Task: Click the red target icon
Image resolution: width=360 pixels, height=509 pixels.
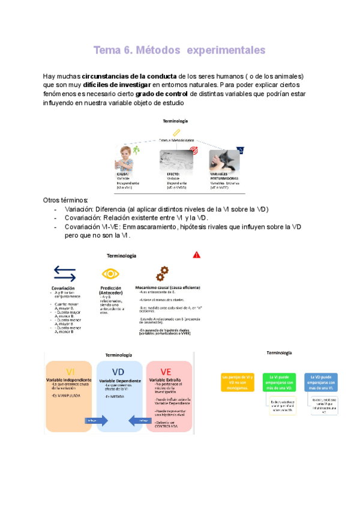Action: (193, 153)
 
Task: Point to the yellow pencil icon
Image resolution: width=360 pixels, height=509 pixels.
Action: (176, 131)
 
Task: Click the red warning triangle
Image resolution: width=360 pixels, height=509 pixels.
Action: (197, 254)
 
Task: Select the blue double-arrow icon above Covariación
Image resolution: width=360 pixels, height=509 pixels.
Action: (64, 274)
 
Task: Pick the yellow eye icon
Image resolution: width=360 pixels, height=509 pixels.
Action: (110, 274)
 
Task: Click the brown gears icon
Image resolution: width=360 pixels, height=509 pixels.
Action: (161, 274)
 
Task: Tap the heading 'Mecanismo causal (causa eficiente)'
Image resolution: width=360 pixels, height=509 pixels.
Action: (167, 287)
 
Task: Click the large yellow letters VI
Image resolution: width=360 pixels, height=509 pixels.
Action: (71, 371)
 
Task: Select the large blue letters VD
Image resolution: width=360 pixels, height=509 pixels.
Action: (119, 371)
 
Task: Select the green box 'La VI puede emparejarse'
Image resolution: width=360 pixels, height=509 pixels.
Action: (280, 382)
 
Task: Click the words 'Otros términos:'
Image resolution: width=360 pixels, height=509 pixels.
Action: (66, 199)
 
